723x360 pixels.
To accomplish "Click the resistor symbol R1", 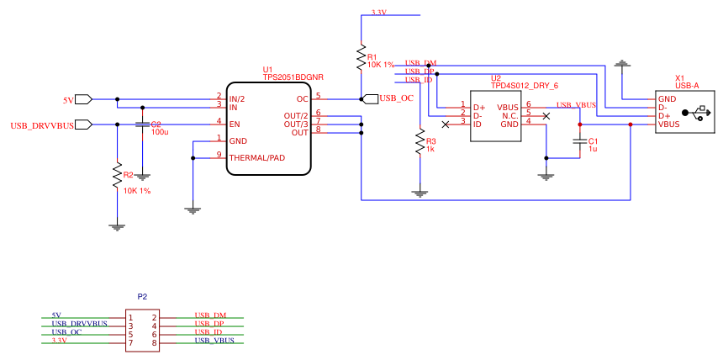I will coord(361,57).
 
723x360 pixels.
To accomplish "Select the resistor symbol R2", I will coord(117,176).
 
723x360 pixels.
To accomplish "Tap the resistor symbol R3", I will coord(420,142).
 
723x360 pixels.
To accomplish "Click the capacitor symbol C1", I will coord(579,142).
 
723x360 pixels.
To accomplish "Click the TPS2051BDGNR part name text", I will coord(293,77).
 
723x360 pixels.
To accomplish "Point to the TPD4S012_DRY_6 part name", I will coord(525,86).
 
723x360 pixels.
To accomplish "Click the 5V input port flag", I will coord(84,99).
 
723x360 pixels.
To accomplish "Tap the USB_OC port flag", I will coord(370,98).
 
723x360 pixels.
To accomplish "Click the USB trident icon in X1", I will coord(696,112).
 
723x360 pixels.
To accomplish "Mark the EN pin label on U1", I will coord(235,124).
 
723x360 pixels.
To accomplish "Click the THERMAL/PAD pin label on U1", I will coord(256,157).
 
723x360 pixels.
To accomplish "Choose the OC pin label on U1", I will coord(303,99).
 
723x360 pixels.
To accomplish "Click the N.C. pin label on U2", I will coord(509,116).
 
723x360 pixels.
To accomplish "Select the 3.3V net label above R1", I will coord(378,13).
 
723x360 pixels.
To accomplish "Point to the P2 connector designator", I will coord(142,297).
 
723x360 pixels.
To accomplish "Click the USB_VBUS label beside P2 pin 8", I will coord(214,341).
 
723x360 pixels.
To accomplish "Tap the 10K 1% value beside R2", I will coord(137,191).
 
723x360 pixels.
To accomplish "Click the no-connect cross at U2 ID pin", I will coord(446,124).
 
